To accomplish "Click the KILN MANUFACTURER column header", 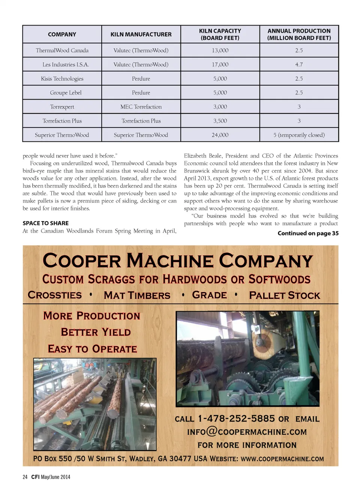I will coord(141,34).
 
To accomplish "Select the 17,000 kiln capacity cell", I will coord(220,64).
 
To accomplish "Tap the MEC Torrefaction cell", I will coord(141,107).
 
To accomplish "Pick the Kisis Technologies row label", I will coord(62,79).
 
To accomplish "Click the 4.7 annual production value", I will coord(299,64).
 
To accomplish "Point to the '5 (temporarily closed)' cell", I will coord(299,135).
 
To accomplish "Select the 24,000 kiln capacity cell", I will coord(220,135).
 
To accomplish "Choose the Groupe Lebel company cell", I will coord(66,93).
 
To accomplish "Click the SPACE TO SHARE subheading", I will coord(45,223).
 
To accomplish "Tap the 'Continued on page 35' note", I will coord(308,233).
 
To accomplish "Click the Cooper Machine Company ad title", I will coord(177,261).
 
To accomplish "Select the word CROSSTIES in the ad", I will coord(55,295).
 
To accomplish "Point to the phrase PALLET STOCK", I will coord(285,295).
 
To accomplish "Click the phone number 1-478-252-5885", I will coord(236,418).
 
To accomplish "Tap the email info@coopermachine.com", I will coord(247,432).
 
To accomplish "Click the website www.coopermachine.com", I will coord(282,459).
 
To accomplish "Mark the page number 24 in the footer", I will coord(25,477).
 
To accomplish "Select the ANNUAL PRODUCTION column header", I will coord(299,34).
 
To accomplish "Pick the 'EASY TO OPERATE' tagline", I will coord(92,349).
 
